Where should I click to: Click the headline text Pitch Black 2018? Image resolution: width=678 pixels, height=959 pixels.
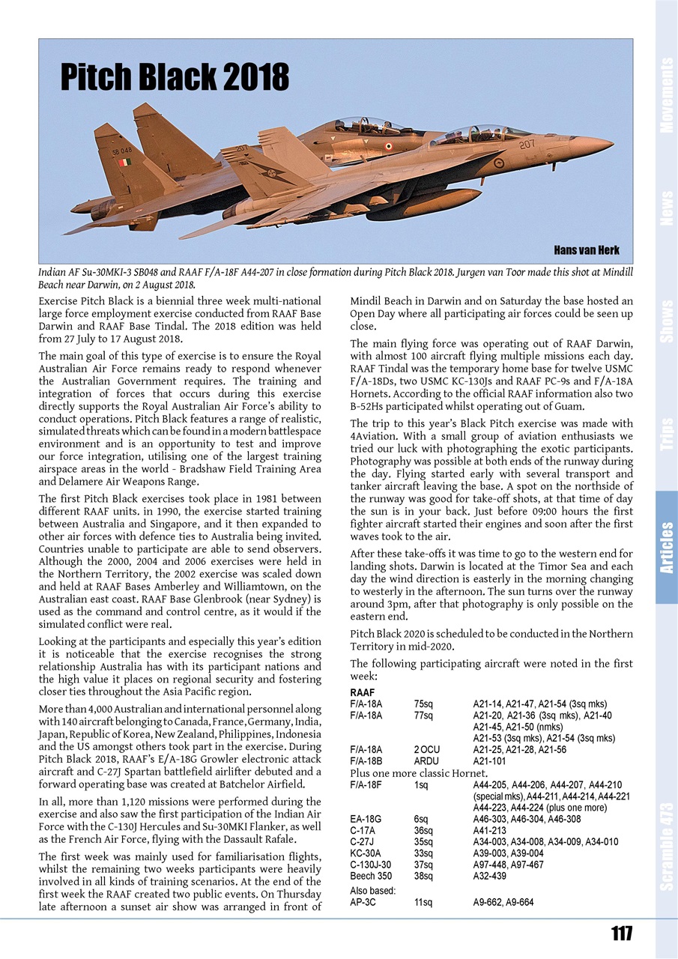pyautogui.click(x=175, y=76)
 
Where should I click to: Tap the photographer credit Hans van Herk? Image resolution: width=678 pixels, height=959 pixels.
pyautogui.click(x=586, y=249)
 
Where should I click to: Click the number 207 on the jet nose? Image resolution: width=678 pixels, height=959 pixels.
pyautogui.click(x=527, y=144)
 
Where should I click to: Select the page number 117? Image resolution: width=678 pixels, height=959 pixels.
pyautogui.click(x=621, y=934)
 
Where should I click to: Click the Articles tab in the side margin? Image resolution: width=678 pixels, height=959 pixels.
pyautogui.click(x=666, y=548)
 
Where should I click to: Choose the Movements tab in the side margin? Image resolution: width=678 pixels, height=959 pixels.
pyautogui.click(x=666, y=95)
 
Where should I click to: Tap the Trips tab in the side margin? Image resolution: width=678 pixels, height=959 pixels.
pyautogui.click(x=666, y=434)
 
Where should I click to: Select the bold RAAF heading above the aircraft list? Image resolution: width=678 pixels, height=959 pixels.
pyautogui.click(x=363, y=693)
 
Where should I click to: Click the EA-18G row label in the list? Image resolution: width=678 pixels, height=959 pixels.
pyautogui.click(x=366, y=820)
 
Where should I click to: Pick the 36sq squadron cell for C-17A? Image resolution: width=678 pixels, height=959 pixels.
pyautogui.click(x=423, y=831)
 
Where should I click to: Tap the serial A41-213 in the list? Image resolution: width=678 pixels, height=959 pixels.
pyautogui.click(x=490, y=831)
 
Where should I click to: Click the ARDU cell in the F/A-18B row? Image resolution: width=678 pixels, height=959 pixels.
pyautogui.click(x=426, y=760)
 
